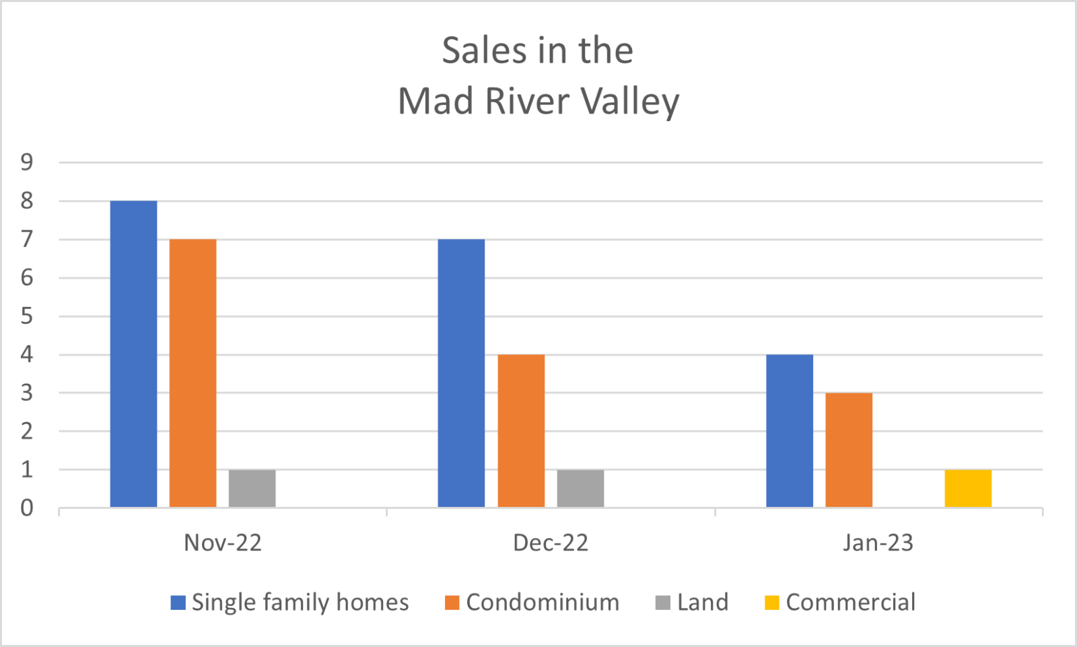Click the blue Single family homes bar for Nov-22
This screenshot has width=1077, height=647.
(x=133, y=354)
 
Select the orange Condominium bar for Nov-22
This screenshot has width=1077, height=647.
(x=193, y=373)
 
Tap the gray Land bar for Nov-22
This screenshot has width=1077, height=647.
(x=252, y=488)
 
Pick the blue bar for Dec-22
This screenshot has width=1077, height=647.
(x=461, y=373)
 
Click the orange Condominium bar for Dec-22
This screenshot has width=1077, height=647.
(x=521, y=431)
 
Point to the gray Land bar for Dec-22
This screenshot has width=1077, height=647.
(x=580, y=488)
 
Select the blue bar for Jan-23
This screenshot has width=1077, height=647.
(x=790, y=431)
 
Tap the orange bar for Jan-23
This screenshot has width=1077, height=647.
(x=849, y=450)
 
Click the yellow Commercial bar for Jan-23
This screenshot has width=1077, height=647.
(x=968, y=488)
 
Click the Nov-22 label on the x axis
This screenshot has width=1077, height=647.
(x=223, y=543)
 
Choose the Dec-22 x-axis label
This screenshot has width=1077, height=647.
(x=551, y=543)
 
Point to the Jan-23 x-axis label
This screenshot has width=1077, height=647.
(x=878, y=543)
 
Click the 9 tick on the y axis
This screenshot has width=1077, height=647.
(x=27, y=162)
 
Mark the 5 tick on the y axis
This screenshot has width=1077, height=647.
(x=27, y=316)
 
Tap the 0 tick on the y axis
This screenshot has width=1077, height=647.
(x=27, y=508)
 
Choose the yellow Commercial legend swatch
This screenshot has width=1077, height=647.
(x=771, y=603)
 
